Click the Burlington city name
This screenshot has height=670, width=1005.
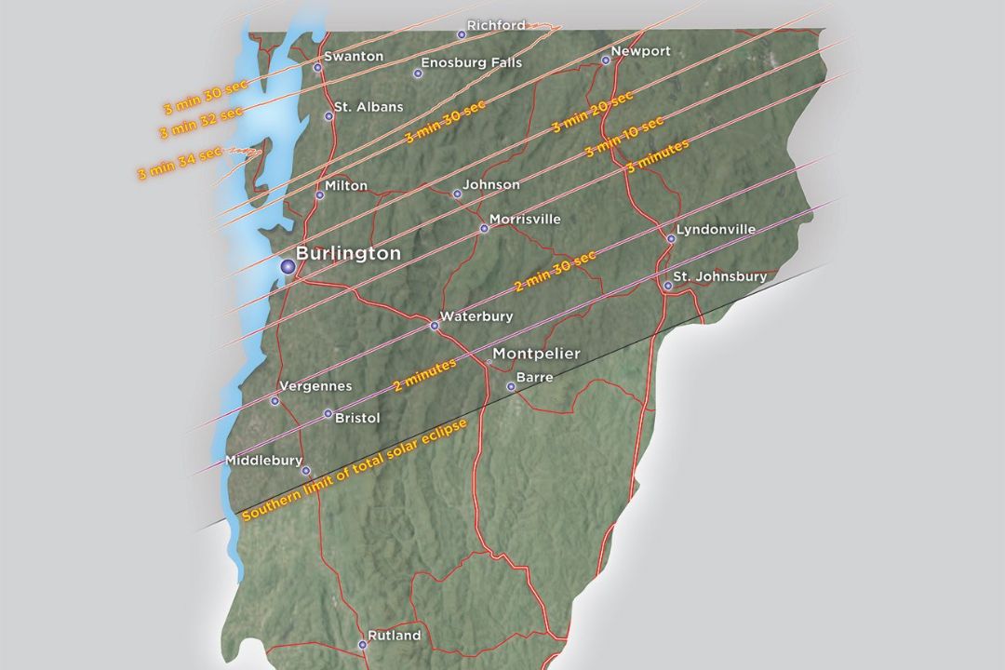348,253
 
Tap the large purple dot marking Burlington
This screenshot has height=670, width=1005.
288,267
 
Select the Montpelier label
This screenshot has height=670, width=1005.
536,354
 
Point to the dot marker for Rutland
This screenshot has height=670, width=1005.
363,644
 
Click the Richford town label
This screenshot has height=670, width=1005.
496,25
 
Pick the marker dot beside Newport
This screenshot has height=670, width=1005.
606,60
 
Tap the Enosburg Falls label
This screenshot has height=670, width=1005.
472,63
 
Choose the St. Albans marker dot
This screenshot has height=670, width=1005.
328,116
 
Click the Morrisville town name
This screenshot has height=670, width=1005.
526,220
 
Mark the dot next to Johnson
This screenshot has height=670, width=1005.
457,194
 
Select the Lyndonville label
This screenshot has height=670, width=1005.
717,229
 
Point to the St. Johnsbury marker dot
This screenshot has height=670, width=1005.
668,286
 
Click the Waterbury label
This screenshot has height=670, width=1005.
476,317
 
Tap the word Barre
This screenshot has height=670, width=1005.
534,378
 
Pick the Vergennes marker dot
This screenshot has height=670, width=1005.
275,401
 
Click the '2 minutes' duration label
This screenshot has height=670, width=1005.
424,374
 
